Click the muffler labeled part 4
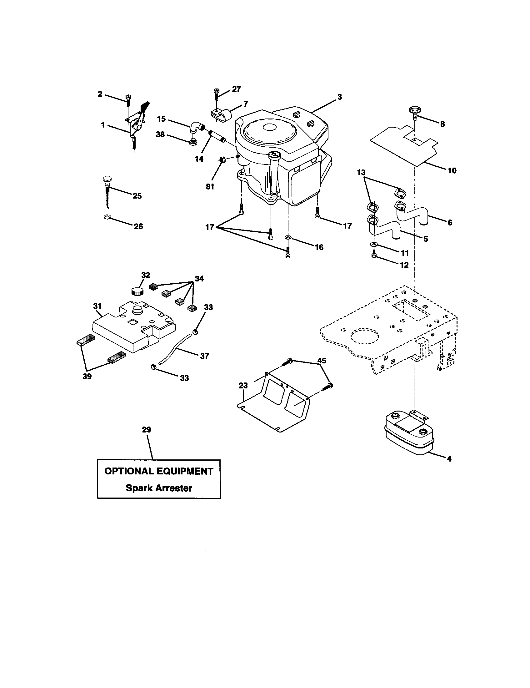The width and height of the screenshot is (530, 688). (408, 434)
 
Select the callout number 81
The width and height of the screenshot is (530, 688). (210, 186)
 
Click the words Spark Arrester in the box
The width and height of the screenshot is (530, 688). (159, 488)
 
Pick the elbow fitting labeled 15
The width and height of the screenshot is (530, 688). (196, 129)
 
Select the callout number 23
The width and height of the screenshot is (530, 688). (243, 385)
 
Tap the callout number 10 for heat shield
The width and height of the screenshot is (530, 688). (452, 171)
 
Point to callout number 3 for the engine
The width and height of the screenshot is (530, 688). (339, 97)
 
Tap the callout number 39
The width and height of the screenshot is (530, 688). (87, 377)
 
